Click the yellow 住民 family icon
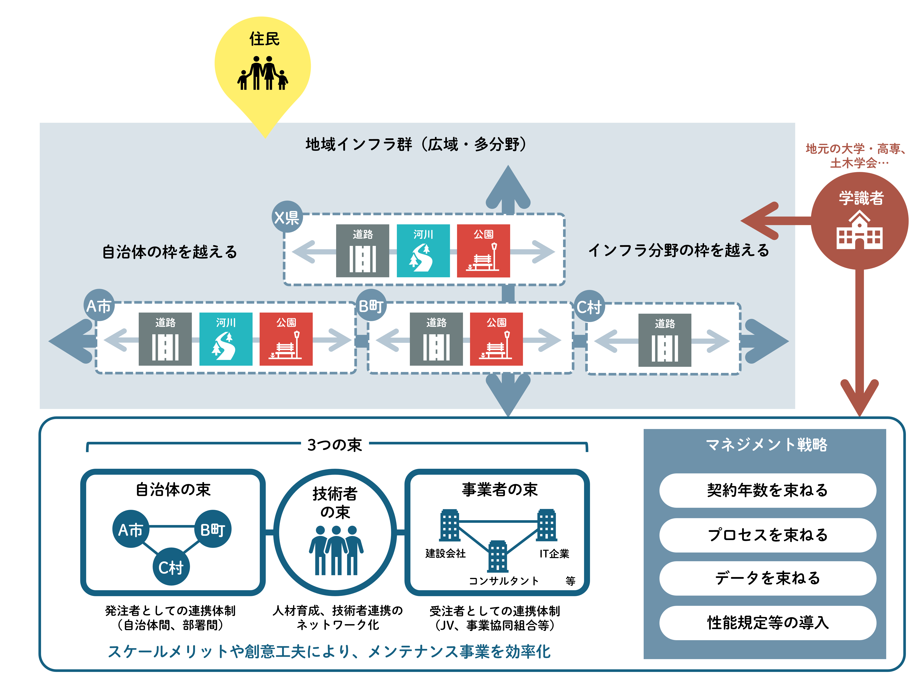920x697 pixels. point(262,73)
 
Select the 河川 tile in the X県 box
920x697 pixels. point(423,251)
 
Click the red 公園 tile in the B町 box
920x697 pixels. point(496,339)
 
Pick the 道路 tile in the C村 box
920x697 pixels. point(665,340)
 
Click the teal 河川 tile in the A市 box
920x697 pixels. point(226,339)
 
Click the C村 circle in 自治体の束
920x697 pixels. point(171,567)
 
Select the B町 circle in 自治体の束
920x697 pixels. point(212,529)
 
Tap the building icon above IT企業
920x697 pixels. point(547,525)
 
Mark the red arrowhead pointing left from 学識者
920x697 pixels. point(759,221)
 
